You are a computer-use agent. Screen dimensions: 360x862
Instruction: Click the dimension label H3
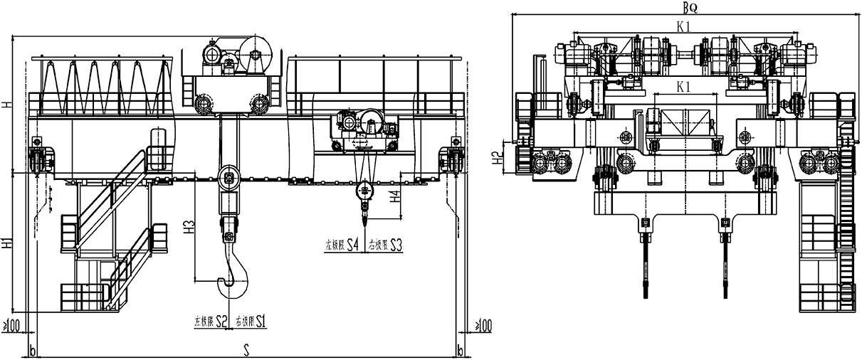(x=189, y=228)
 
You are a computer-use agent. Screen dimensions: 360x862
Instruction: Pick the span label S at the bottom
(x=246, y=351)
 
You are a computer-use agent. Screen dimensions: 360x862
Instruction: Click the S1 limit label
(x=260, y=322)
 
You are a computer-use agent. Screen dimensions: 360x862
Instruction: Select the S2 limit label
(x=221, y=322)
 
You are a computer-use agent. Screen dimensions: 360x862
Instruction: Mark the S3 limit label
(x=396, y=246)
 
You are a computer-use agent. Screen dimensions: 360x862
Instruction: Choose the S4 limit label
(x=352, y=246)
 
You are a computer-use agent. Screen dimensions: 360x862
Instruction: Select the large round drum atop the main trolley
(x=254, y=54)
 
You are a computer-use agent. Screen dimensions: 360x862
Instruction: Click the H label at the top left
(x=6, y=105)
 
